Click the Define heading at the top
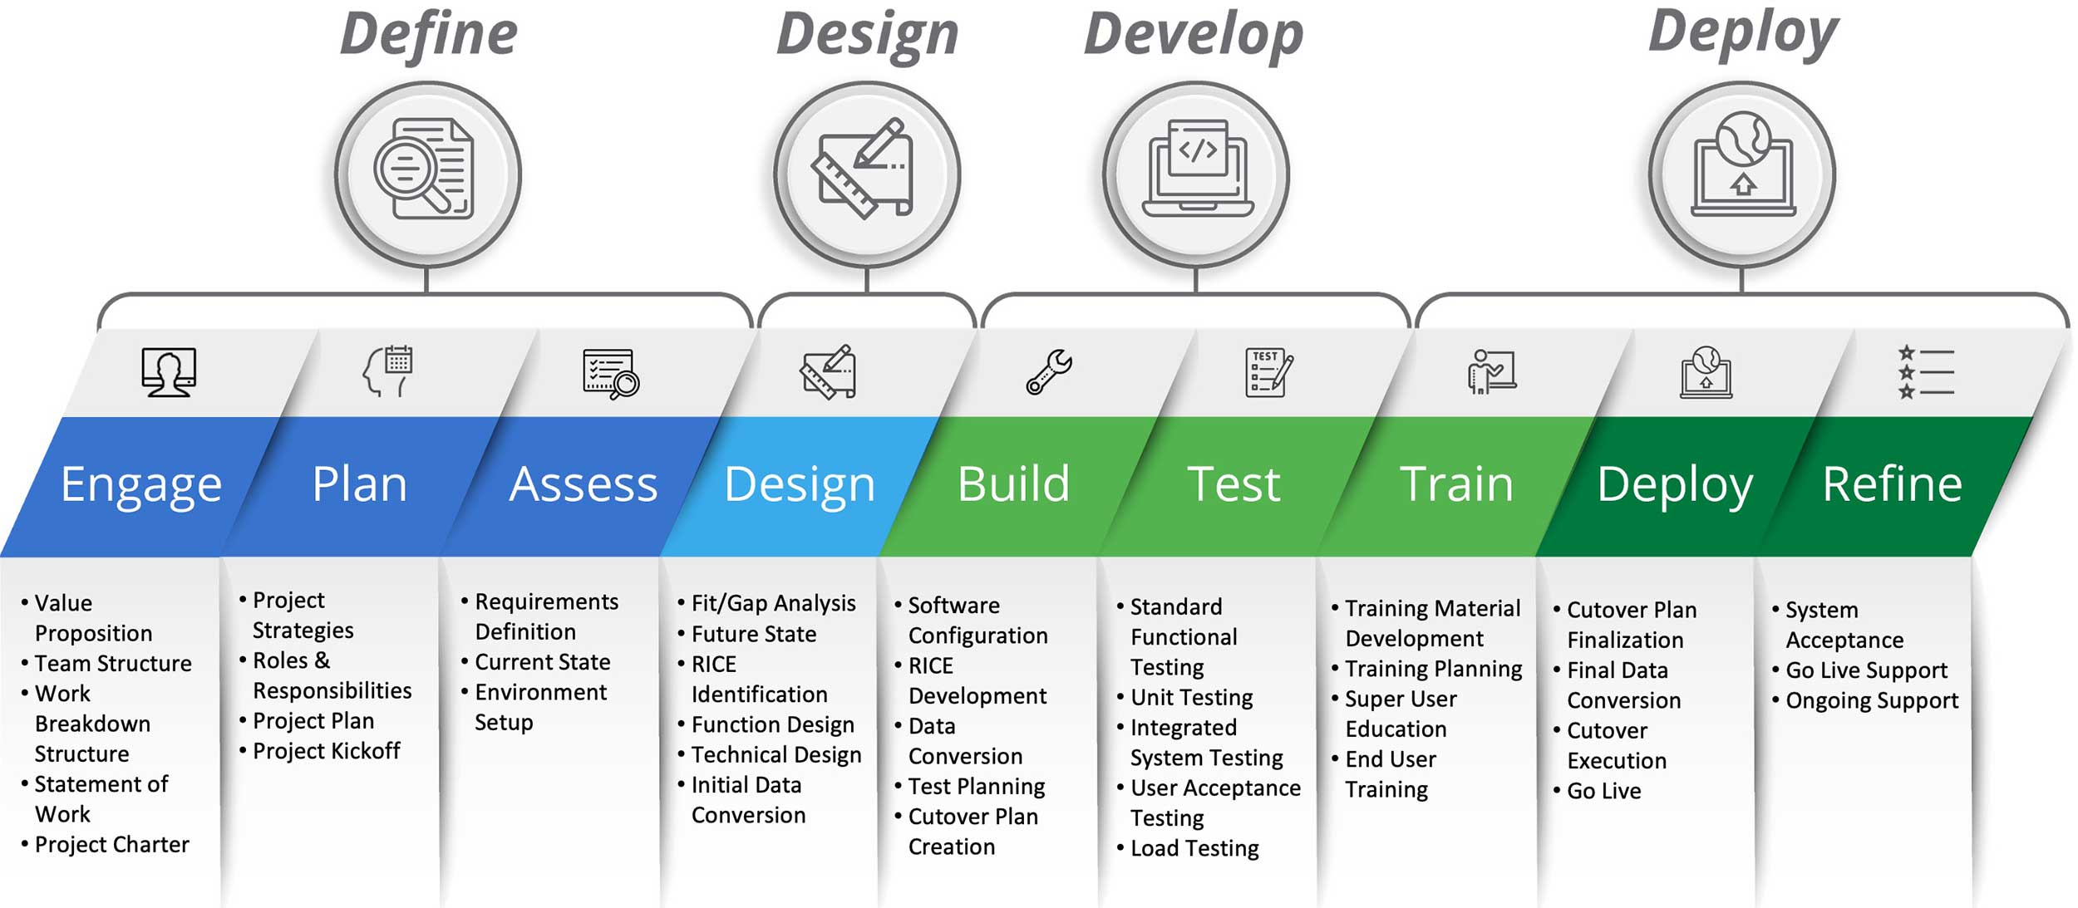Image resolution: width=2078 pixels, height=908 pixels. click(x=428, y=35)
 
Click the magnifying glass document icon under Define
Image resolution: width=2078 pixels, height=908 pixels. click(x=426, y=171)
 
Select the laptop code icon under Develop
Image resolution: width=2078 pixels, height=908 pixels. click(x=1197, y=169)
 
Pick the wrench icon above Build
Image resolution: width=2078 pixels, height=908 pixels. click(x=1049, y=371)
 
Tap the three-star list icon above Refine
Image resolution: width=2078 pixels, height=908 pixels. click(x=1925, y=372)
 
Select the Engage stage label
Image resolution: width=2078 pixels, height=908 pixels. click(x=141, y=484)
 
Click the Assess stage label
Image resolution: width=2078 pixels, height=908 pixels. click(x=583, y=484)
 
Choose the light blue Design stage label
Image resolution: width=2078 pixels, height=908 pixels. click(x=800, y=484)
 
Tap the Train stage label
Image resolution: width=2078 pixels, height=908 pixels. click(x=1456, y=484)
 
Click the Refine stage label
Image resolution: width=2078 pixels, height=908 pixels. click(x=1892, y=484)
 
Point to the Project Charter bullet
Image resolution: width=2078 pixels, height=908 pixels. click(x=111, y=844)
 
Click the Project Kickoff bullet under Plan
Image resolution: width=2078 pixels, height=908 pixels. click(x=326, y=751)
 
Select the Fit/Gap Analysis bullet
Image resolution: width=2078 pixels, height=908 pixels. click(x=773, y=603)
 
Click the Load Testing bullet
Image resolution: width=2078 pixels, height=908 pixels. click(x=1194, y=848)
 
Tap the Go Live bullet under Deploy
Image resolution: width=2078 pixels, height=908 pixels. click(x=1603, y=791)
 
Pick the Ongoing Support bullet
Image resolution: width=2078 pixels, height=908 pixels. click(x=1871, y=700)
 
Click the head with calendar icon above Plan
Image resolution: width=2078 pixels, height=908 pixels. click(x=389, y=371)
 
